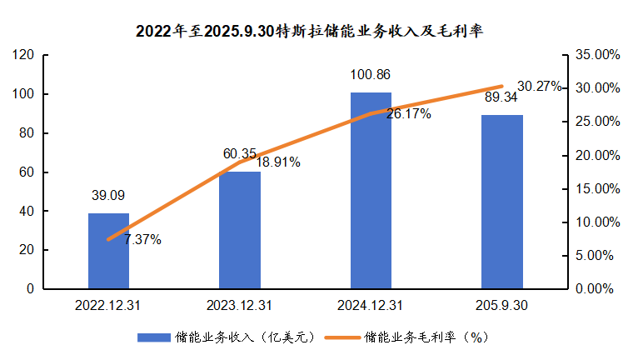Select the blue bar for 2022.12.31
[109, 251]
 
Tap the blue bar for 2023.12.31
[240, 230]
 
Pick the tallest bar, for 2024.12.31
[371, 191]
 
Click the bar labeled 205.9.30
[502, 202]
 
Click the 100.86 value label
[371, 75]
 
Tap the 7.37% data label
[142, 240]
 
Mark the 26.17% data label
[409, 114]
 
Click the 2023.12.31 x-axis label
[240, 306]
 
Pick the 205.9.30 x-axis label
[502, 306]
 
